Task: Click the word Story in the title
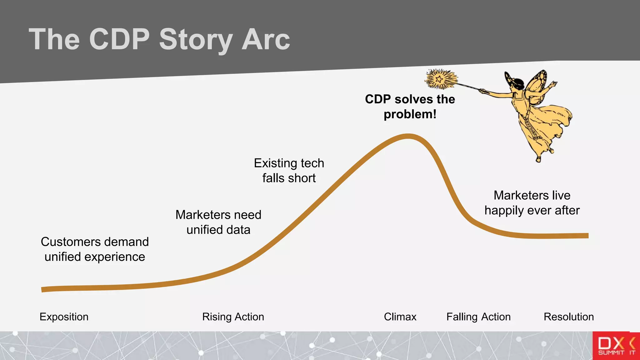(x=196, y=39)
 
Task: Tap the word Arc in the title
(x=265, y=39)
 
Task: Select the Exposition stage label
(x=64, y=317)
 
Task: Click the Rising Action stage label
(x=233, y=317)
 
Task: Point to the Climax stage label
(x=400, y=317)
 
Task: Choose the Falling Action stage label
(x=478, y=317)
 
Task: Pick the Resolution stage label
(x=568, y=317)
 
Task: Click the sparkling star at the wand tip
(x=440, y=79)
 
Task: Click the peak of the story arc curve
(x=408, y=136)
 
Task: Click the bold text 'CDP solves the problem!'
(x=410, y=107)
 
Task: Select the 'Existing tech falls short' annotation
(x=289, y=170)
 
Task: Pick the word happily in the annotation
(x=504, y=210)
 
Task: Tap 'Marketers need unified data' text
(x=218, y=222)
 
